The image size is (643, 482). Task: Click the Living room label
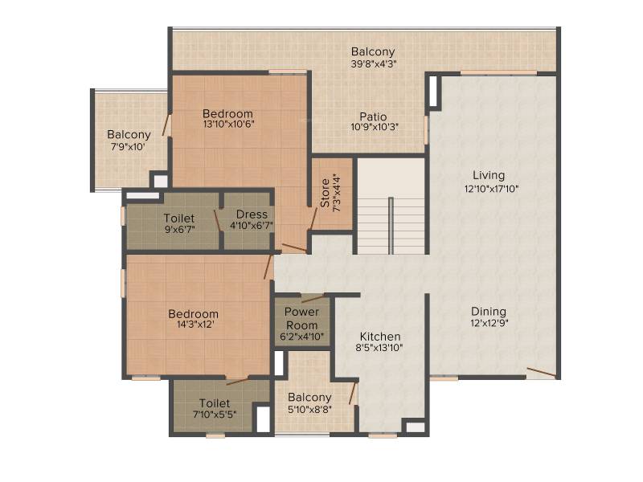tap(489, 175)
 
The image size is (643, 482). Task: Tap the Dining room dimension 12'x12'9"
tap(489, 323)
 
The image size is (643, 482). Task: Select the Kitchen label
tap(380, 337)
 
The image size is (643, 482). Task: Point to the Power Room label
tap(302, 318)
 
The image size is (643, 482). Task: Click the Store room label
tap(325, 193)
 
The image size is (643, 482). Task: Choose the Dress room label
tap(252, 214)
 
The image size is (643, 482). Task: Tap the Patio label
tap(373, 116)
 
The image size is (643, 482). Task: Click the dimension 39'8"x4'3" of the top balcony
tap(374, 63)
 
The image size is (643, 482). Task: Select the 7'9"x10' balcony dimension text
tap(129, 146)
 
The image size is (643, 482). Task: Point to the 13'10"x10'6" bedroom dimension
tap(229, 124)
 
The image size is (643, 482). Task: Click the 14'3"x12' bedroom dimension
tap(193, 325)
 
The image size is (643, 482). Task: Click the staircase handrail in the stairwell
tap(391, 226)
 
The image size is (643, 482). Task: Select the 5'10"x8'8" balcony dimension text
tap(309, 409)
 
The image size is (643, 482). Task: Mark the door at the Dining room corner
tap(541, 372)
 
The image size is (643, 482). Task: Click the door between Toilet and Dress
tap(218, 222)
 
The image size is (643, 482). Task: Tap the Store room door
tap(313, 219)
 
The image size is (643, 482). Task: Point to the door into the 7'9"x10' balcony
tap(166, 125)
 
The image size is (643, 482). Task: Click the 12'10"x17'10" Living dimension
tap(491, 189)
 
